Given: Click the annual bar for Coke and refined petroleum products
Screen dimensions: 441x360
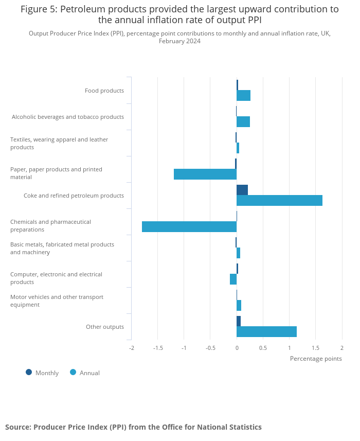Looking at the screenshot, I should (279, 201).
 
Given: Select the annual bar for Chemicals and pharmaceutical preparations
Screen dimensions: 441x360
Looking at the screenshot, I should (189, 227).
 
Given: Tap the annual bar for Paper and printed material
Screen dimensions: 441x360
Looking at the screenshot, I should (205, 174).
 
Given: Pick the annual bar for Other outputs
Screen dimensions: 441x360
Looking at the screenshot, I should (266, 332).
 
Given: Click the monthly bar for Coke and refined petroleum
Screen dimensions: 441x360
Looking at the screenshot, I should (242, 190).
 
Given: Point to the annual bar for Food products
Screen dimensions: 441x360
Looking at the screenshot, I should (243, 96).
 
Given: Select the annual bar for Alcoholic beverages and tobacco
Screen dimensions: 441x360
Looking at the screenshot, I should (243, 122).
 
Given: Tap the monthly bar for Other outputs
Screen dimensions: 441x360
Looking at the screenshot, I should (239, 321).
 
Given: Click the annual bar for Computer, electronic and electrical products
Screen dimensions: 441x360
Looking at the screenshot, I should (233, 279).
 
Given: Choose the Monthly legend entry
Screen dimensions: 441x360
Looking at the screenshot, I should (42, 373).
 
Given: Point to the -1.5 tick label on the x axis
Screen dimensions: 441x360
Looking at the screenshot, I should (158, 348).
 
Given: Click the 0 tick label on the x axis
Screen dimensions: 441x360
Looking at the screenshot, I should (237, 348).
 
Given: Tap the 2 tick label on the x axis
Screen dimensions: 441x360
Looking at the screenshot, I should (342, 348).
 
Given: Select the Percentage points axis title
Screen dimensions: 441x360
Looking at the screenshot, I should (316, 359).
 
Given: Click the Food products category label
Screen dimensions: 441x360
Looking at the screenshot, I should (104, 91).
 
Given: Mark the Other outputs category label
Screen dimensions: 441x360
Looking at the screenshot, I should (105, 327).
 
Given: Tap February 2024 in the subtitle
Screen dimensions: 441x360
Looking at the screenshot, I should (179, 41).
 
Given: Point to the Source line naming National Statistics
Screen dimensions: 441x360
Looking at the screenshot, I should (133, 427).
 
